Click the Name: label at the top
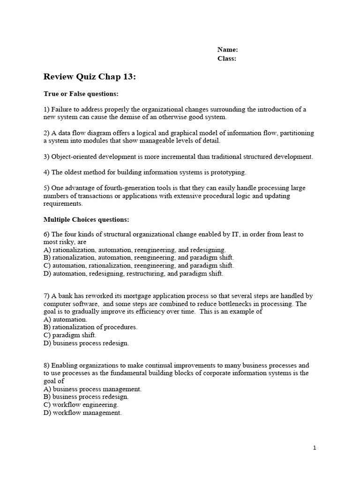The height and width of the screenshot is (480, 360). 228,50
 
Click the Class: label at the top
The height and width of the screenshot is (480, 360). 227,59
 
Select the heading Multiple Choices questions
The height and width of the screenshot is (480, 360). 86,219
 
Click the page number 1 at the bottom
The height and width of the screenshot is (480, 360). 315,448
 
